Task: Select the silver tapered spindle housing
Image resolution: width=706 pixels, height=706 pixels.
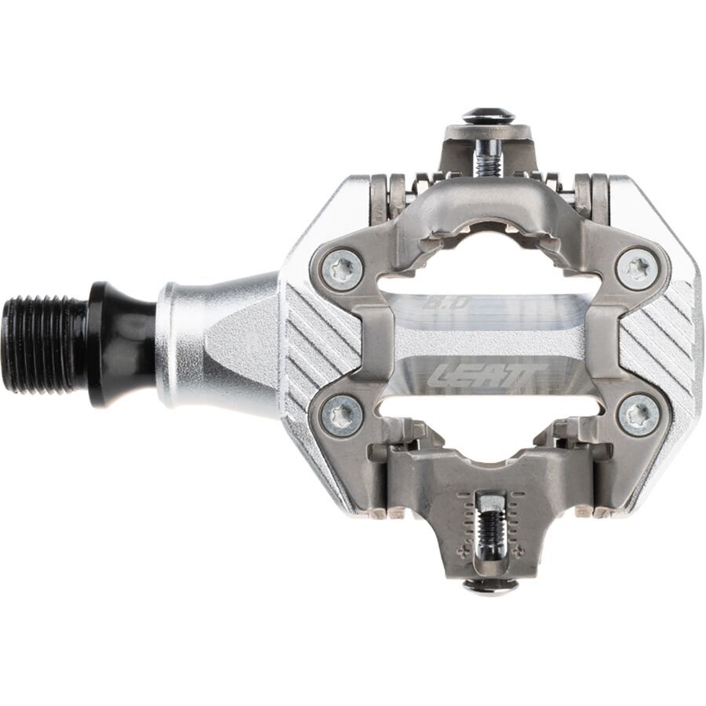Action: click(212, 341)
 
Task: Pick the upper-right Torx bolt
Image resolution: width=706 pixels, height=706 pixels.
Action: click(636, 269)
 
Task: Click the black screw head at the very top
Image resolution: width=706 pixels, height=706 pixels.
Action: click(488, 116)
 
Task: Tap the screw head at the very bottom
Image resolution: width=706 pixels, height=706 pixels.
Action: click(489, 585)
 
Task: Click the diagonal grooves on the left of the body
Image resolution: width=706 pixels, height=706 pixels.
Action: click(314, 345)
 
